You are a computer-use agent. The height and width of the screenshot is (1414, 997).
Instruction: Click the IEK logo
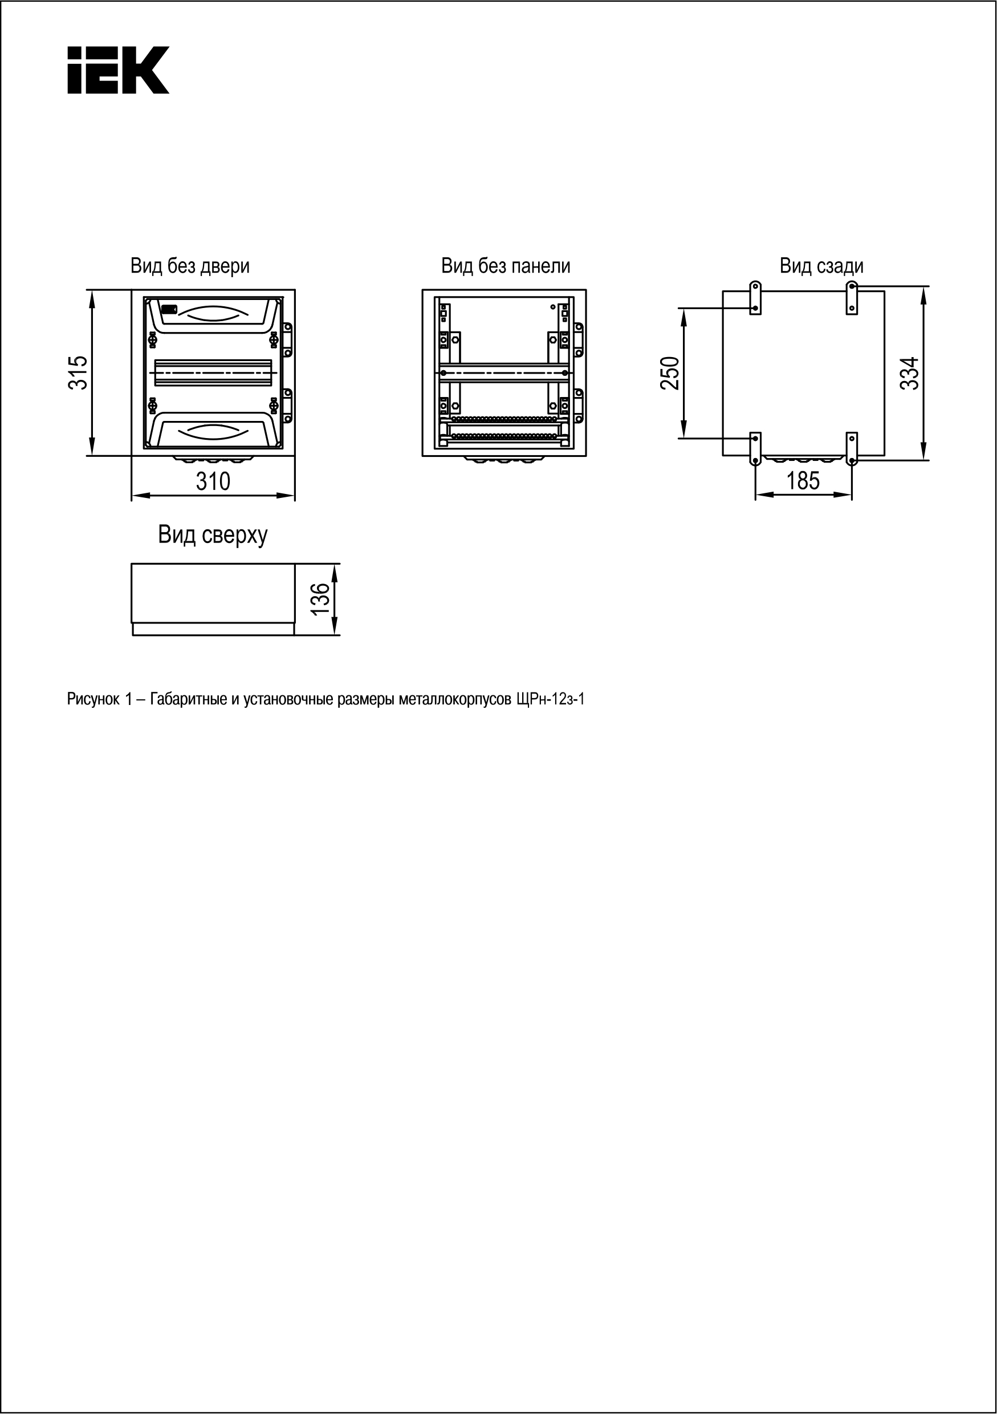117,70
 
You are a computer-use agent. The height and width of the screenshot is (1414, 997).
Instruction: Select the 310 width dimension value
213,481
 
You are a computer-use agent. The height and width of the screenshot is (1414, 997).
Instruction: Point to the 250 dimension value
670,373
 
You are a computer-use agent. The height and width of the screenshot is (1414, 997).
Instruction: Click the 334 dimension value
910,372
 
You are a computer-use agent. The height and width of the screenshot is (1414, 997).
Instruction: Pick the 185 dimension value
803,481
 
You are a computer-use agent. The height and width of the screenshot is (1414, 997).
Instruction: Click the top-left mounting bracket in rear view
755,298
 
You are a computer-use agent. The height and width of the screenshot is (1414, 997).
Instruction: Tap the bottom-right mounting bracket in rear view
852,448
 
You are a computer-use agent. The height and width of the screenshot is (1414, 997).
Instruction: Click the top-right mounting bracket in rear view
852,298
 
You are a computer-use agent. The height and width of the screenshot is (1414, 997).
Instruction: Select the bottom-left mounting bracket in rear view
755,448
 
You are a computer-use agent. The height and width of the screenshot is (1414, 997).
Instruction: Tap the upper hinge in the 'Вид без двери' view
287,340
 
